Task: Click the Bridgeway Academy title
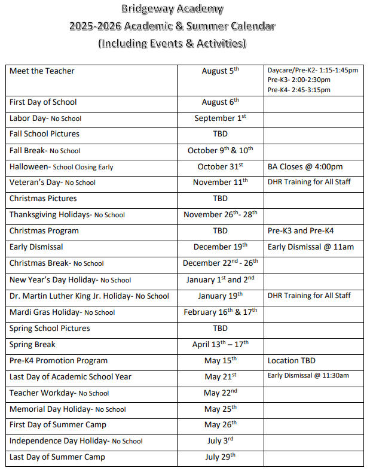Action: click(x=172, y=9)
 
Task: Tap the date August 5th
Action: click(x=220, y=71)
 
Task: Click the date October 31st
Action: click(x=220, y=167)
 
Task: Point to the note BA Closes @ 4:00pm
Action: click(x=305, y=167)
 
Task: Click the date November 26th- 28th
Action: click(x=220, y=215)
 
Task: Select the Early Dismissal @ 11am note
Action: click(x=311, y=247)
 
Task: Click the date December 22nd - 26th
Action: click(x=220, y=263)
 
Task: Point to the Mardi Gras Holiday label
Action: click(x=62, y=312)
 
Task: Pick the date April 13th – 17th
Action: click(x=220, y=345)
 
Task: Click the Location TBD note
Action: click(x=292, y=361)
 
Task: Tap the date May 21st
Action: click(x=220, y=377)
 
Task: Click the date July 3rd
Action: click(x=220, y=441)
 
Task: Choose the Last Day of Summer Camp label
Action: click(x=57, y=457)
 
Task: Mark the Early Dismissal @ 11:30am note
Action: click(x=308, y=376)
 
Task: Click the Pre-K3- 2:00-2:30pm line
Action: click(x=299, y=80)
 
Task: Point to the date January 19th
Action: click(x=220, y=296)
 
